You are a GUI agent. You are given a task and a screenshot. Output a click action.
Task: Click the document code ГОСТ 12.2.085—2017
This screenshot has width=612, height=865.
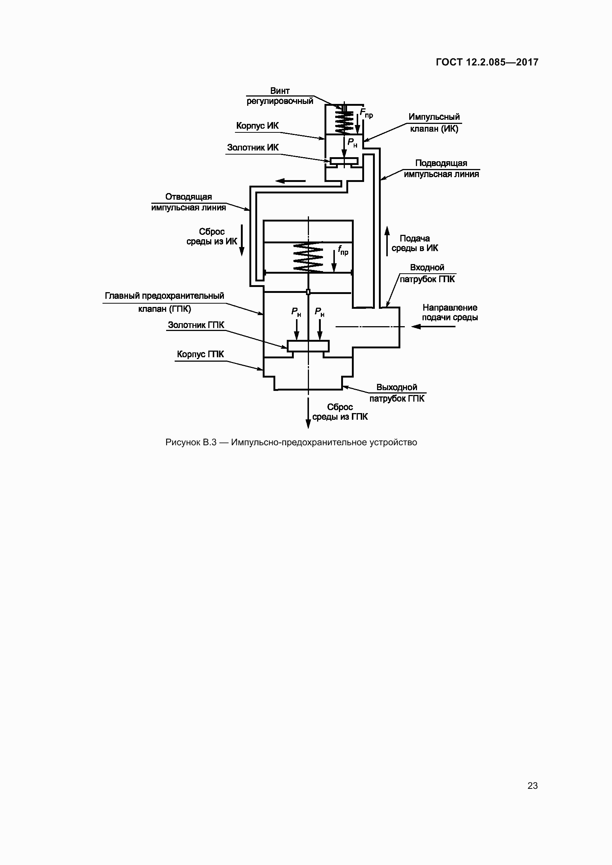coord(487,62)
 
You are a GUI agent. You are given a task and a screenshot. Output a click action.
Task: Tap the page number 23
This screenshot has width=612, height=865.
coord(532,785)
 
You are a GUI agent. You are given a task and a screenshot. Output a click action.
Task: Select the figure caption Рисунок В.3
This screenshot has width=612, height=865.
coord(291,442)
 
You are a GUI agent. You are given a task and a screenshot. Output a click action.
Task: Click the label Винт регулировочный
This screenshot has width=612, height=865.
coord(280,96)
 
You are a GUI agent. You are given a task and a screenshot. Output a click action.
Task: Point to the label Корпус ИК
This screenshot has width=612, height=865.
coord(257,126)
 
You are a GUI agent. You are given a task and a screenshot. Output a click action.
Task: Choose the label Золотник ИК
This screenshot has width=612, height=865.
coord(252,148)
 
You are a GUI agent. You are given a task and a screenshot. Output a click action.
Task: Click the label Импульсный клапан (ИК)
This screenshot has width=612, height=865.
coord(434,123)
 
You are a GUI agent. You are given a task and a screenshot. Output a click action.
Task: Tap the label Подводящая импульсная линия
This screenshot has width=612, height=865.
coord(441,168)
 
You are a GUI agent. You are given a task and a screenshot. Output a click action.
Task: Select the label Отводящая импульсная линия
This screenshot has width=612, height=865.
coord(188,202)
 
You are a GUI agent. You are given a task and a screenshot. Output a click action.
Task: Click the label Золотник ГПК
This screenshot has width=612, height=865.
coord(196,325)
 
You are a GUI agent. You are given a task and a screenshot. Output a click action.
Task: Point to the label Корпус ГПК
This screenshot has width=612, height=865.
coord(200,355)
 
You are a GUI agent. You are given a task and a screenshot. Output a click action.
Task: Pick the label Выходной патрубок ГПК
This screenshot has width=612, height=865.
coord(397,393)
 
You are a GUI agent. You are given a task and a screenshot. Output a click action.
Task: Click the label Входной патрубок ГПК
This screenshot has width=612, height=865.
coord(427,273)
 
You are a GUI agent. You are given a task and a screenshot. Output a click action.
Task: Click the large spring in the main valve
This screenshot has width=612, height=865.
coord(308,257)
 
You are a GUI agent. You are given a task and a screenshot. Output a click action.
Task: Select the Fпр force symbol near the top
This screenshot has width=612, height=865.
coord(366,113)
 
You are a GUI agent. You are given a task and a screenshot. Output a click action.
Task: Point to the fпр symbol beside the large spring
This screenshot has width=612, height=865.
coord(343,250)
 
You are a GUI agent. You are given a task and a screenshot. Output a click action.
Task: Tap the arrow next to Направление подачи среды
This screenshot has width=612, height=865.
coord(433,327)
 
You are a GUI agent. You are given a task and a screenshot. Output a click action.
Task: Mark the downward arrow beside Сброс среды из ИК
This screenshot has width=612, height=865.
coord(242,240)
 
